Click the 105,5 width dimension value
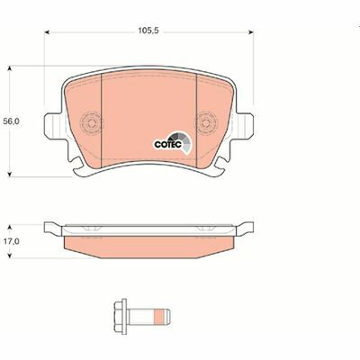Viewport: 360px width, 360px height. (148, 31)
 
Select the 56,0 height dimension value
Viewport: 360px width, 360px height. (11, 121)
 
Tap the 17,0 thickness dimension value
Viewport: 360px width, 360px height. (11, 241)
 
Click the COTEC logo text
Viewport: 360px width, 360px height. (168, 144)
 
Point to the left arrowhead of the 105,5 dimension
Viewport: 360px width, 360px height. (47, 31)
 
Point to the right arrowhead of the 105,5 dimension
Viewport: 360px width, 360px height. (251, 31)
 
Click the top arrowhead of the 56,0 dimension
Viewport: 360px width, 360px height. (10, 68)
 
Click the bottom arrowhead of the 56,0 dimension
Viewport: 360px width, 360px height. (10, 174)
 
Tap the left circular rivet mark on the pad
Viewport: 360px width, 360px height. (91, 122)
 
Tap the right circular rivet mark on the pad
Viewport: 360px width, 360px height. (206, 122)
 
